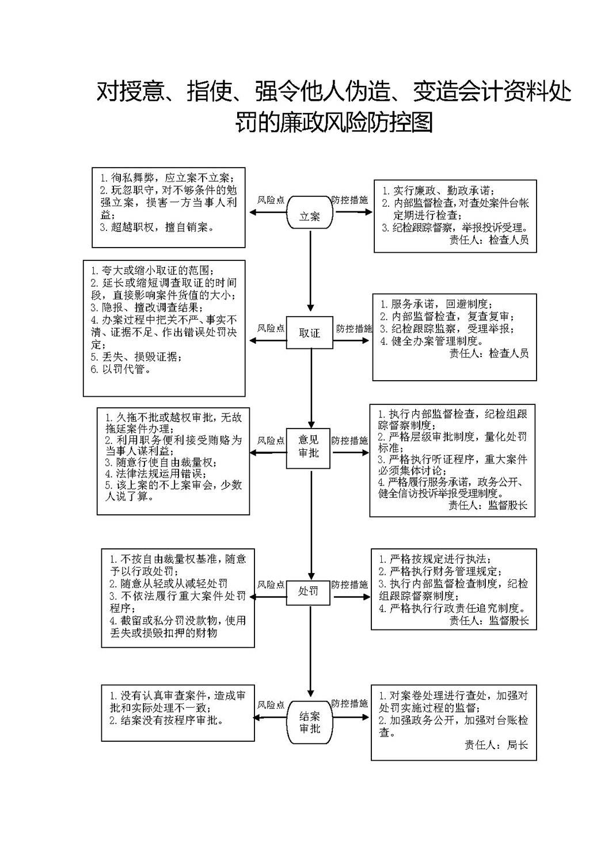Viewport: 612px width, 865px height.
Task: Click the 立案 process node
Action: tap(310, 212)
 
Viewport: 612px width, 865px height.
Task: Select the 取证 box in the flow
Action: tap(309, 333)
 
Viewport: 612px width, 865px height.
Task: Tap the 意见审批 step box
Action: tap(308, 448)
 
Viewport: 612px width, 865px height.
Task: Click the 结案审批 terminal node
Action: tap(309, 723)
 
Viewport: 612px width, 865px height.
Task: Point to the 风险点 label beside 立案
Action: tap(271, 200)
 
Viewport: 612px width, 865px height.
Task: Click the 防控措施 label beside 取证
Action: tap(354, 329)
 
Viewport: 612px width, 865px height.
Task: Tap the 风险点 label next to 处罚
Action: tap(271, 585)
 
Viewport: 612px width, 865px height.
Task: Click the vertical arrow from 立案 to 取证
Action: tap(310, 270)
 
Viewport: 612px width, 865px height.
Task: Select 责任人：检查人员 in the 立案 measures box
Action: tap(489, 240)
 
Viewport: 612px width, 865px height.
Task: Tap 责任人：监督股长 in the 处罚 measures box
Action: tap(489, 621)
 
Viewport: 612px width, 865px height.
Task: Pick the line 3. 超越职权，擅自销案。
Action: tap(158, 227)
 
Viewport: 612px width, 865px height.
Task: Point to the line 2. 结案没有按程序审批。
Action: tap(167, 720)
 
